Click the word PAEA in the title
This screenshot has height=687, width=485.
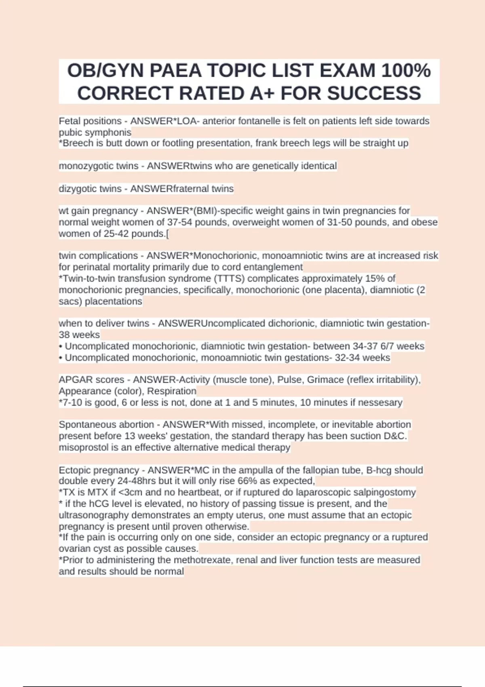click(175, 71)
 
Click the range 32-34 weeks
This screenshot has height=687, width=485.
click(362, 358)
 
